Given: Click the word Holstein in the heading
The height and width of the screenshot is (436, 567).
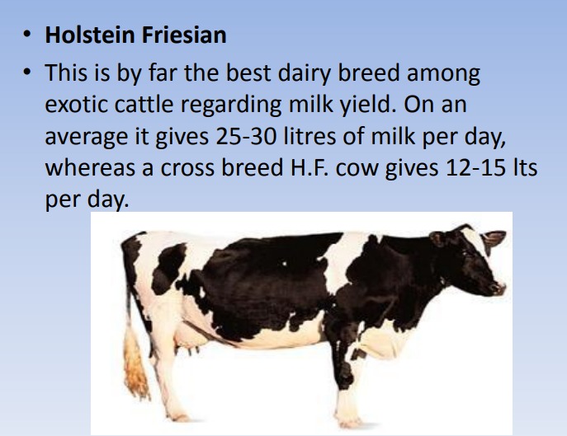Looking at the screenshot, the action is (90, 35).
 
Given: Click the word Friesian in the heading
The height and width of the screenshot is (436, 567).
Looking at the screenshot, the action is (184, 35).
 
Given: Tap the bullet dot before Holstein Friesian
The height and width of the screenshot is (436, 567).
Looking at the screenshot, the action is (26, 35).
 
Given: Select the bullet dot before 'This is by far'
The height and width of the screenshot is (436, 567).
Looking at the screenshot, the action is (26, 73).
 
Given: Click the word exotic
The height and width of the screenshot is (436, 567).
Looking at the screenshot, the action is (76, 105).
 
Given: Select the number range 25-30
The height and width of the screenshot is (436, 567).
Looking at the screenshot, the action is (246, 137).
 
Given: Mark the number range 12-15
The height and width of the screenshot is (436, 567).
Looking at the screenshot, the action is (476, 168).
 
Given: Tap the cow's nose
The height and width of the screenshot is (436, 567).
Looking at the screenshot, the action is (500, 288).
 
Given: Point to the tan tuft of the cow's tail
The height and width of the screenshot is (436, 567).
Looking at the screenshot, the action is (135, 365).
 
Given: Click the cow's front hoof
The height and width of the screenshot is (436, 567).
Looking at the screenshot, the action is (349, 422).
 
